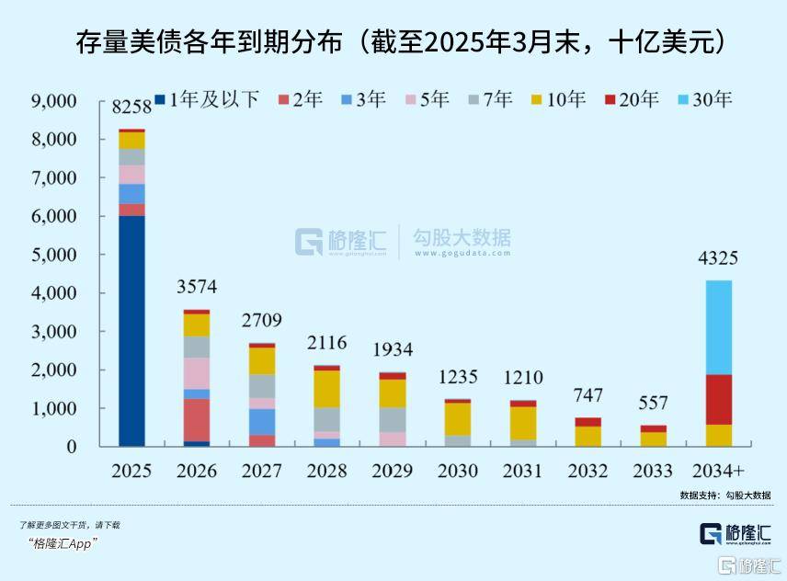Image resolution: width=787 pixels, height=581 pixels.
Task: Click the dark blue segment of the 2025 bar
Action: click(x=131, y=331)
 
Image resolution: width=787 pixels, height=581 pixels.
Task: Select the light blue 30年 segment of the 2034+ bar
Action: click(x=718, y=327)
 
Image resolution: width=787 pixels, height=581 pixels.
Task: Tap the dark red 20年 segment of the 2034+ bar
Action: click(x=718, y=399)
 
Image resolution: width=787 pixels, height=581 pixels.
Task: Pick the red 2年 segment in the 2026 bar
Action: click(x=197, y=420)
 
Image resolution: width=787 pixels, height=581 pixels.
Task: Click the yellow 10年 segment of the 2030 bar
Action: click(x=457, y=418)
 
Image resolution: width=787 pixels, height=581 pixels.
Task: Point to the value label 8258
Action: click(x=131, y=108)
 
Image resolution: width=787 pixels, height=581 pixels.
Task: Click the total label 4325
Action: click(x=718, y=258)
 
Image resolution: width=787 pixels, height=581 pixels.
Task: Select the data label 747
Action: click(x=587, y=396)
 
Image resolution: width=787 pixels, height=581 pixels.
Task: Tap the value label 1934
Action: click(x=392, y=350)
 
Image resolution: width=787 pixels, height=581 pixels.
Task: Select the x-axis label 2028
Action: click(x=326, y=471)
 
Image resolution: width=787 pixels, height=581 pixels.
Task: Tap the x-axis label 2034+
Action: click(x=718, y=471)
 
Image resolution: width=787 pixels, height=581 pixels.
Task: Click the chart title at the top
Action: click(x=393, y=41)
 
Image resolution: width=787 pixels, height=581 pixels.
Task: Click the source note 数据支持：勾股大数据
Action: click(x=724, y=496)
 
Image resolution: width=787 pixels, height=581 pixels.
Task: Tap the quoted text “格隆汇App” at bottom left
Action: click(x=63, y=543)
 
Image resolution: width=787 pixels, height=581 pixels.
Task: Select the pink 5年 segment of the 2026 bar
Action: click(x=197, y=373)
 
